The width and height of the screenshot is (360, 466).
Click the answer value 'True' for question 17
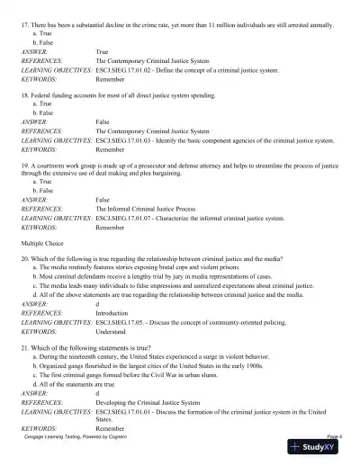[x=102, y=51]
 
